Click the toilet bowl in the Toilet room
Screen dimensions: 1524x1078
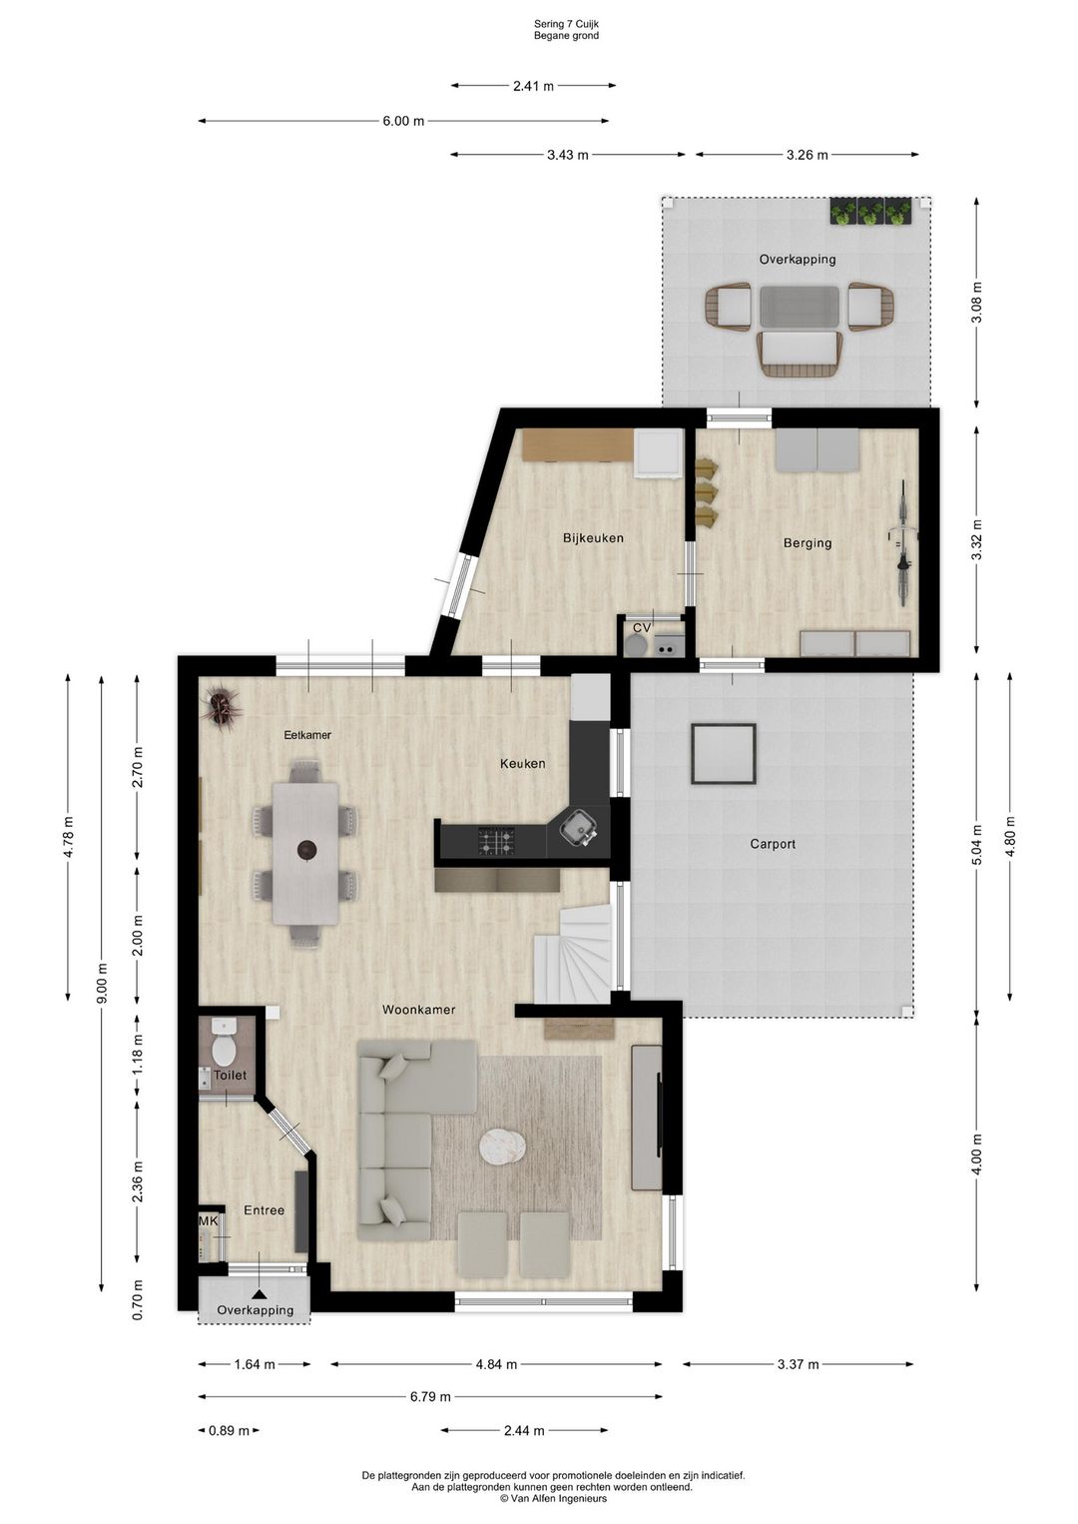click(x=224, y=1049)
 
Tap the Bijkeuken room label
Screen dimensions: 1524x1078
click(x=593, y=538)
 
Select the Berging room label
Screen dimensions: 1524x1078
click(x=808, y=543)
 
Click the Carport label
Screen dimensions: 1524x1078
click(x=773, y=844)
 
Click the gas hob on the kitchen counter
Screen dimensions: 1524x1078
click(x=497, y=841)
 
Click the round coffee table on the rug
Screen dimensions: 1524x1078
click(x=502, y=1145)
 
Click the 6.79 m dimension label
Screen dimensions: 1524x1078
click(x=430, y=1397)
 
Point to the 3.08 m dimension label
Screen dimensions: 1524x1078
click(x=977, y=302)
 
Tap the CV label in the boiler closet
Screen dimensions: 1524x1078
click(x=642, y=627)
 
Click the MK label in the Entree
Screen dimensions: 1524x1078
click(x=208, y=1221)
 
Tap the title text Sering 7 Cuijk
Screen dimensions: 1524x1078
click(x=566, y=24)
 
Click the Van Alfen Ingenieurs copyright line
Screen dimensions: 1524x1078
click(x=553, y=1498)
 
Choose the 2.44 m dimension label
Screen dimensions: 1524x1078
click(x=524, y=1430)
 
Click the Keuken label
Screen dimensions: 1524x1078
click(x=523, y=764)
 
